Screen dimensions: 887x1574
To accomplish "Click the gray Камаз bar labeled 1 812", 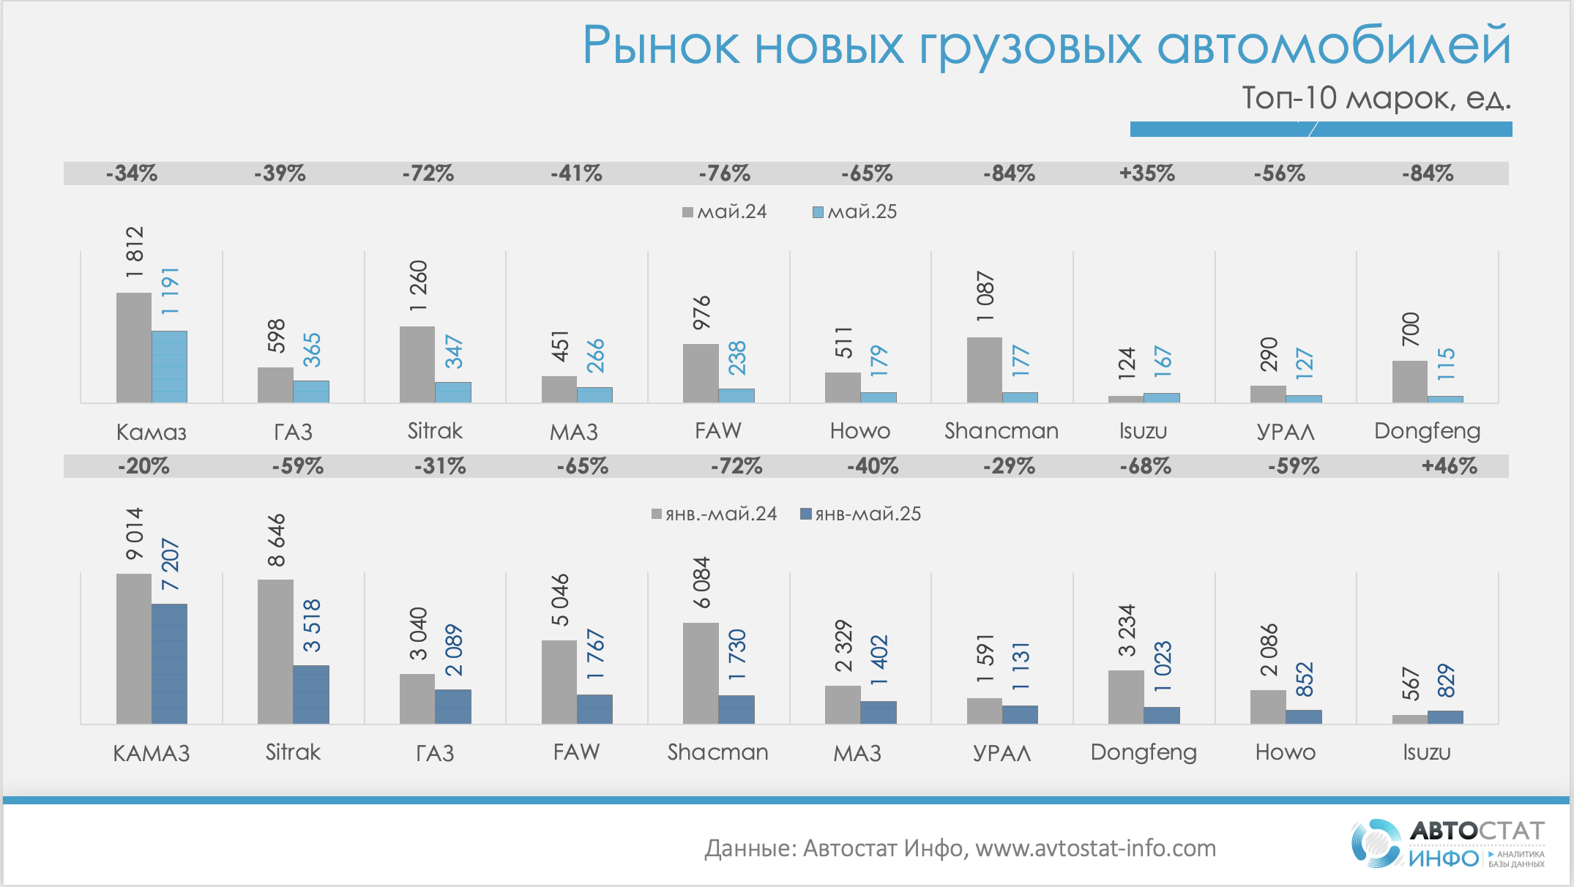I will pyautogui.click(x=134, y=348).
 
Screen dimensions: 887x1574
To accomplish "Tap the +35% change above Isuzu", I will pyautogui.click(x=1146, y=173).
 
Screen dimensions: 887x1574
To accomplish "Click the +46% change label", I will pyautogui.click(x=1449, y=466).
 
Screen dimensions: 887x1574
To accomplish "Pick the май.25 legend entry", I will pyautogui.click(x=855, y=212).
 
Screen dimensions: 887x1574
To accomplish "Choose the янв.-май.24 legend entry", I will pyautogui.click(x=715, y=514).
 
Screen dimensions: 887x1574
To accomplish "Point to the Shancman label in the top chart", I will pyautogui.click(x=1001, y=430).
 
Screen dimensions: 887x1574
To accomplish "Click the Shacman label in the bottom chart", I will pyautogui.click(x=717, y=752).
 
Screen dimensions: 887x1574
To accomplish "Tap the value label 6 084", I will pyautogui.click(x=702, y=583).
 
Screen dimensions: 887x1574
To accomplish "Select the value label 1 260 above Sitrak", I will pyautogui.click(x=418, y=286).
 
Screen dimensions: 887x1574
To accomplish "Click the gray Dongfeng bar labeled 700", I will pyautogui.click(x=1409, y=381).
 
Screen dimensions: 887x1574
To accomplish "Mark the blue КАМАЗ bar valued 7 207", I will pyautogui.click(x=169, y=663).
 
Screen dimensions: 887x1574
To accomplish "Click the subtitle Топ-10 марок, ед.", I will pyautogui.click(x=1376, y=97).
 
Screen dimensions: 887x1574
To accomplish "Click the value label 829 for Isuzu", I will pyautogui.click(x=1446, y=681).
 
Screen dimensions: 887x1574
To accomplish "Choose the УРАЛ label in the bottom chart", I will pyautogui.click(x=1002, y=752).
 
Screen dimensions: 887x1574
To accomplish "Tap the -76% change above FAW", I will pyautogui.click(x=724, y=173).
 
